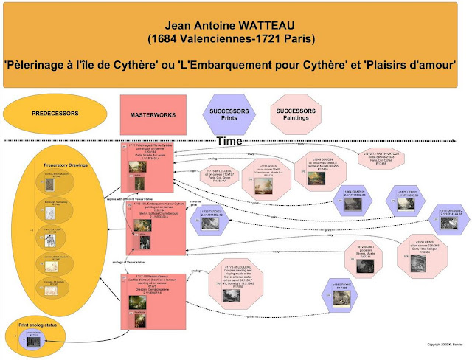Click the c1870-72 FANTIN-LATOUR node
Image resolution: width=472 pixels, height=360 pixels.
(x=386, y=159)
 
